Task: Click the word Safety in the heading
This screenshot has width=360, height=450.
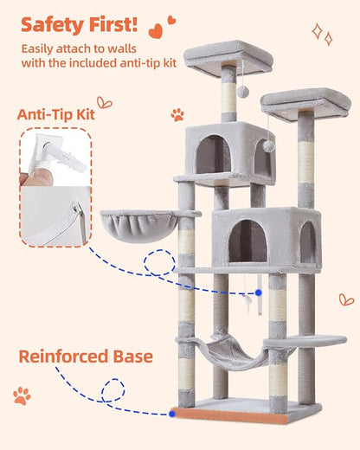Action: pyautogui.click(x=50, y=23)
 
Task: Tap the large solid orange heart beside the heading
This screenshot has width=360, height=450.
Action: pyautogui.click(x=156, y=31)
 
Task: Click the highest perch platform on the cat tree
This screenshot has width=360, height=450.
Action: pyautogui.click(x=227, y=56)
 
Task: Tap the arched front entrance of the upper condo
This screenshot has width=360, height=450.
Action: pyautogui.click(x=213, y=154)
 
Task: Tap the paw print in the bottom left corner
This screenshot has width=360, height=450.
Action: pyautogui.click(x=22, y=396)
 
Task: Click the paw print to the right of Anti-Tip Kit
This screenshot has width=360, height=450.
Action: pyautogui.click(x=177, y=113)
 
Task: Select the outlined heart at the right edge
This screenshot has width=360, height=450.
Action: pyautogui.click(x=346, y=299)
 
